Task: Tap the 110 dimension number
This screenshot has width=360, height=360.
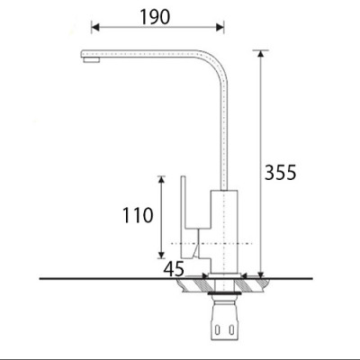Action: click(x=139, y=216)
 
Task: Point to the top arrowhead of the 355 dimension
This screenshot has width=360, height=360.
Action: click(x=261, y=53)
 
